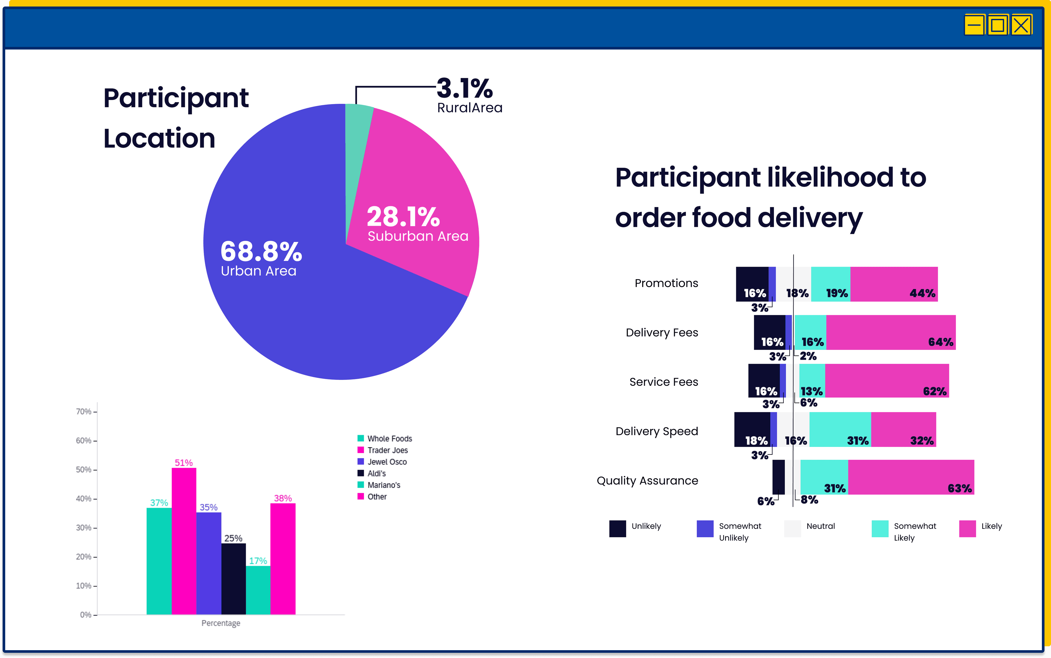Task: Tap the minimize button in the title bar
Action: click(974, 25)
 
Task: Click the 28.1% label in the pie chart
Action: click(403, 217)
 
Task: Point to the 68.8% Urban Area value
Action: click(261, 251)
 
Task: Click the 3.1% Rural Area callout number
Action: click(465, 88)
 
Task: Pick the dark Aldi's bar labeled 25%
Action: click(234, 579)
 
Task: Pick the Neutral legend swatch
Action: click(792, 529)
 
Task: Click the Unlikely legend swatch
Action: click(618, 529)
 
